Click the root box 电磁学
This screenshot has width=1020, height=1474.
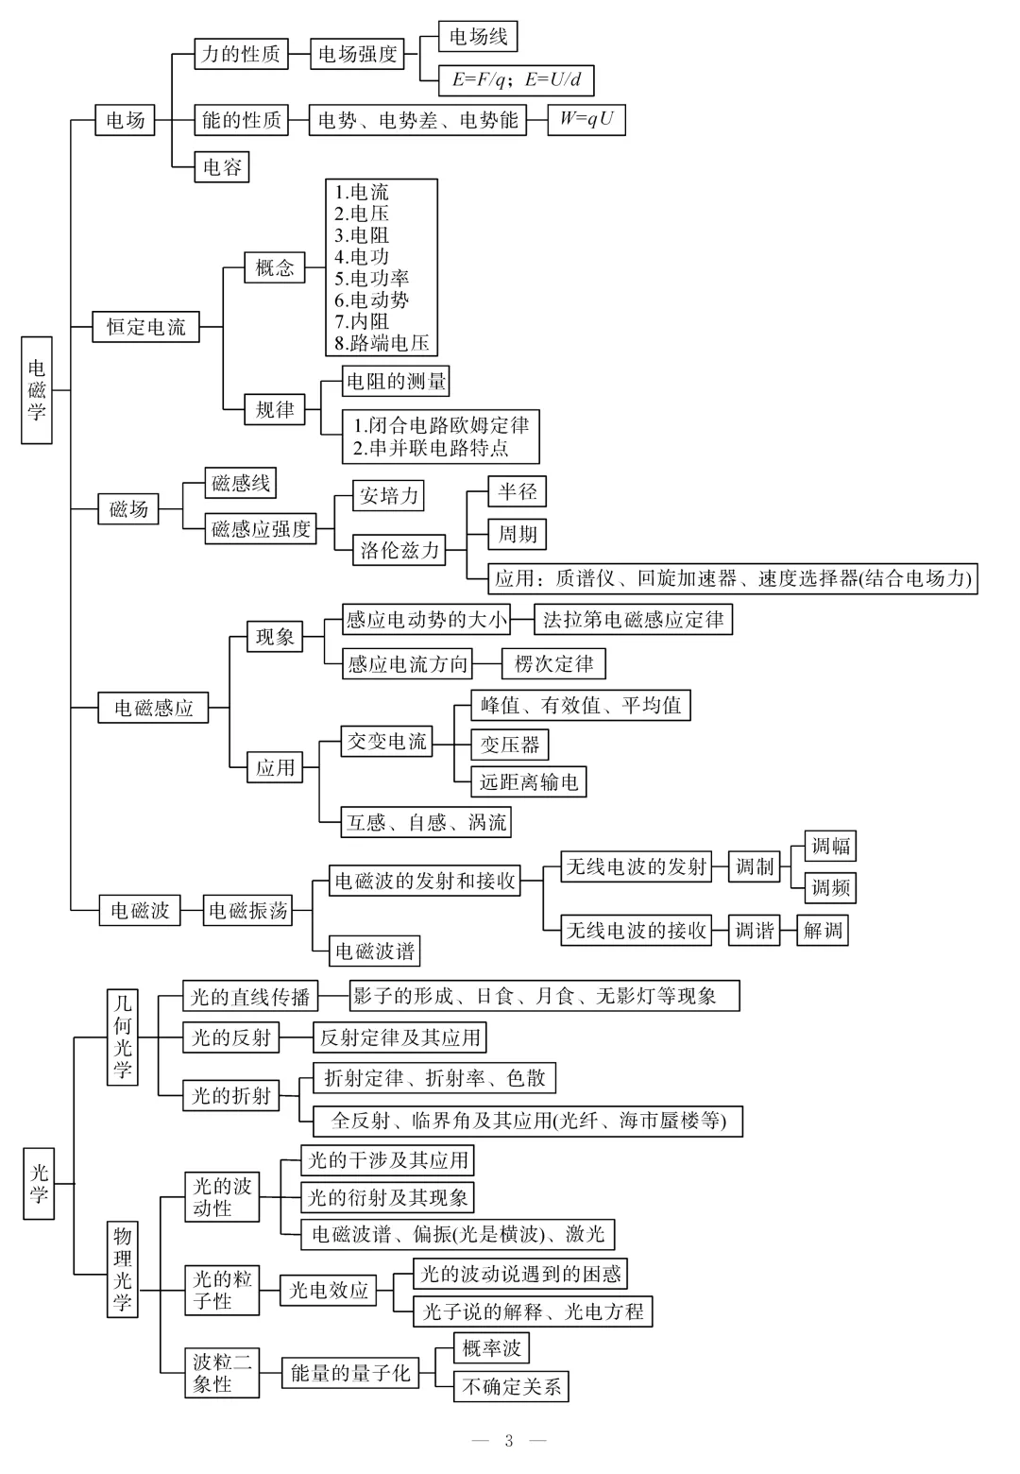37,389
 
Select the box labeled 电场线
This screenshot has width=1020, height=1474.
478,37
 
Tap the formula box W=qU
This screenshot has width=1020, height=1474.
586,119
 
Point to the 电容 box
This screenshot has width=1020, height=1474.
222,167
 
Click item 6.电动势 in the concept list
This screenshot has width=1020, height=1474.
372,300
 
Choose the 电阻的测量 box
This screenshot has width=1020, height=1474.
396,381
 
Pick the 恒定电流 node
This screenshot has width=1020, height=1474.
146,327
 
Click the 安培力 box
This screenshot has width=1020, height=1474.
389,495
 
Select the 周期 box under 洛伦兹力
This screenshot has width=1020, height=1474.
518,534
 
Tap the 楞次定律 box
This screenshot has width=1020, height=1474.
553,663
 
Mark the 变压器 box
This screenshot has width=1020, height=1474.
510,745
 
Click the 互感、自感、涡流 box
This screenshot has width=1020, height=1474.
427,822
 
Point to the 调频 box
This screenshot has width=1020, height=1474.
831,887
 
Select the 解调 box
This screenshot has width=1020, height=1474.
823,931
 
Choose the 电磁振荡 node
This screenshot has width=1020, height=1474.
247,910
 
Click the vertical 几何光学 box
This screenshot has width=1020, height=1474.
123,1037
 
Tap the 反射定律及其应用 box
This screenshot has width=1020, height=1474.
400,1037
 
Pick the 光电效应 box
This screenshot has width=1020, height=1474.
329,1290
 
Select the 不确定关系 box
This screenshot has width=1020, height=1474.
512,1386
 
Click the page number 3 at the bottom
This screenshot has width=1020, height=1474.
509,1440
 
